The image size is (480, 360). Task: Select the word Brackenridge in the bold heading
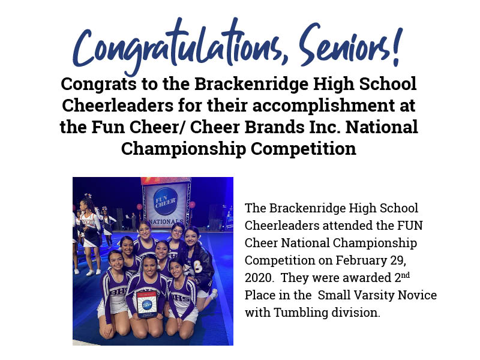[x=251, y=84]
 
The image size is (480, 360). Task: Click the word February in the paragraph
[x=361, y=260]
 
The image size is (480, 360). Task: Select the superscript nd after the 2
[x=406, y=275]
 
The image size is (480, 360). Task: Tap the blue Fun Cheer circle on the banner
[x=166, y=201]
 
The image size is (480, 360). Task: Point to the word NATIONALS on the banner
[x=166, y=221]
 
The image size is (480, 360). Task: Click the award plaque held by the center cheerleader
[x=147, y=304]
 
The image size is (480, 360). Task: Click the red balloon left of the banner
[x=140, y=207]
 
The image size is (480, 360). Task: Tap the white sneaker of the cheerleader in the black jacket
[x=214, y=293]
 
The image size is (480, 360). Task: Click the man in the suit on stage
[x=133, y=221]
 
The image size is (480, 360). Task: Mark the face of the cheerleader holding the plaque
[x=150, y=266]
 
